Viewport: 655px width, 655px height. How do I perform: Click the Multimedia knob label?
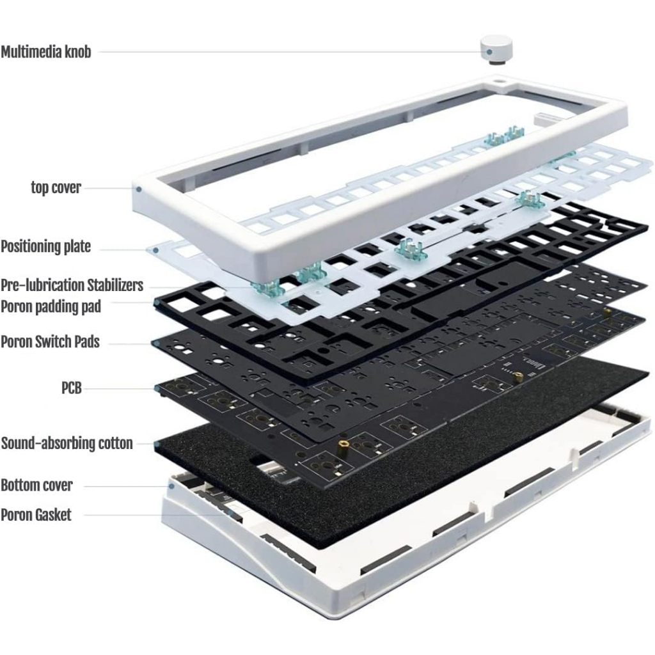click(x=45, y=52)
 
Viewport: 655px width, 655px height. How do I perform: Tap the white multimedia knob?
click(x=496, y=49)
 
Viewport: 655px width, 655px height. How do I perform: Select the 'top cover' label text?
click(x=56, y=188)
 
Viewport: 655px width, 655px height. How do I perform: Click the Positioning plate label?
click(x=45, y=246)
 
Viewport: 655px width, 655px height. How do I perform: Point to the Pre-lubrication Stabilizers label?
click(x=72, y=285)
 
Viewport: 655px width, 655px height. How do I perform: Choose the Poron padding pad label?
click(x=51, y=306)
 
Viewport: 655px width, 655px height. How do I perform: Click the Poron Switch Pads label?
click(x=50, y=342)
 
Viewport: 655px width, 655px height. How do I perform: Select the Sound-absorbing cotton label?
click(x=67, y=443)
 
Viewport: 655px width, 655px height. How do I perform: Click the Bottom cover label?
click(x=36, y=485)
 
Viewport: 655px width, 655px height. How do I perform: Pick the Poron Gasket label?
click(x=36, y=514)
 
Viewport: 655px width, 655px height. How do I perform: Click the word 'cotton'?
click(x=111, y=443)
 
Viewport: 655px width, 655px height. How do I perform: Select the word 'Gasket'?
click(x=53, y=514)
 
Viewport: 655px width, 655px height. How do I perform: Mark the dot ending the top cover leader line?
click(x=138, y=189)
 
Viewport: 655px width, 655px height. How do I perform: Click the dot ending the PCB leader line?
click(x=156, y=388)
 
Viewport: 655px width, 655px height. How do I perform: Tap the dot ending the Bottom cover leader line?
click(x=171, y=486)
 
